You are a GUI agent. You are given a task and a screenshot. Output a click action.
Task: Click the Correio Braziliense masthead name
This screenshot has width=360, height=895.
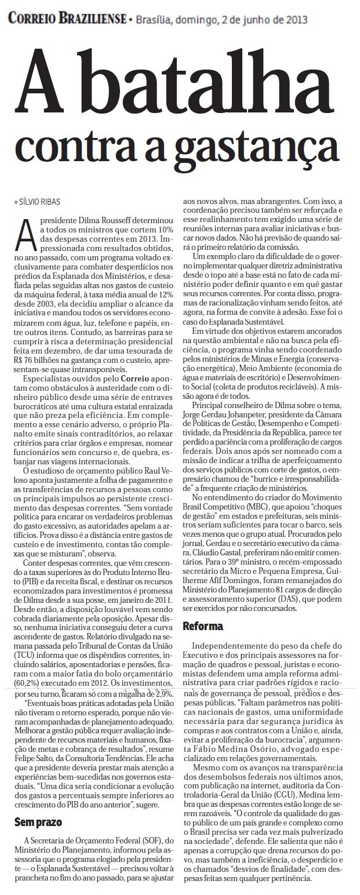(x=67, y=19)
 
